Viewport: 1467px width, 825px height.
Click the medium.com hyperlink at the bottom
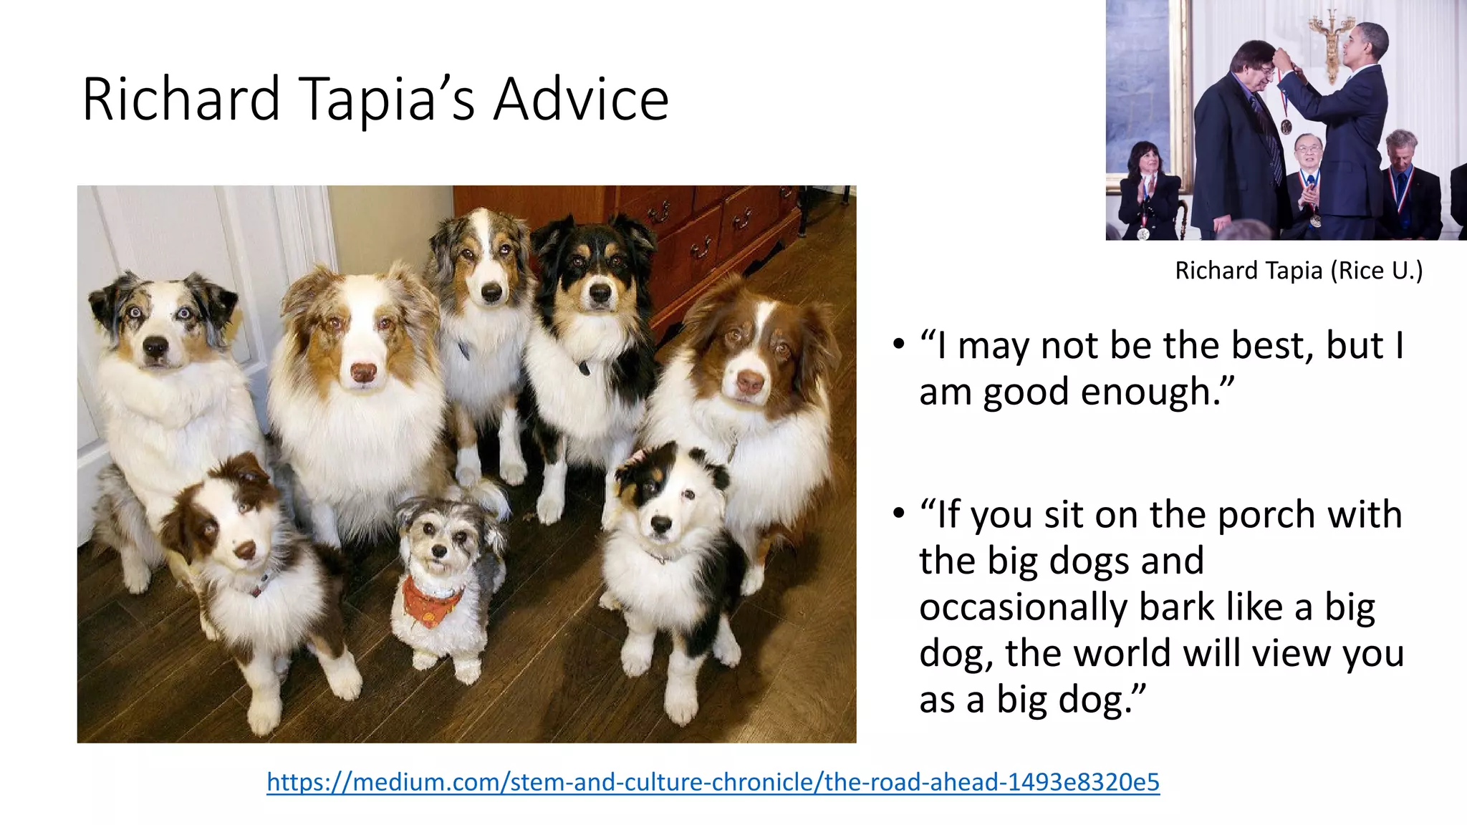click(713, 781)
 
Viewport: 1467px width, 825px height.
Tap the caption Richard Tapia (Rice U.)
click(1298, 271)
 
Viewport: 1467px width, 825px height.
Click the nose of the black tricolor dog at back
click(600, 292)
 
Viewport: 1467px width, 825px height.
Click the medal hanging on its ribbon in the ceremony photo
click(1286, 127)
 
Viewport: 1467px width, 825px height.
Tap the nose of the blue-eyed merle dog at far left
click(155, 347)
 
